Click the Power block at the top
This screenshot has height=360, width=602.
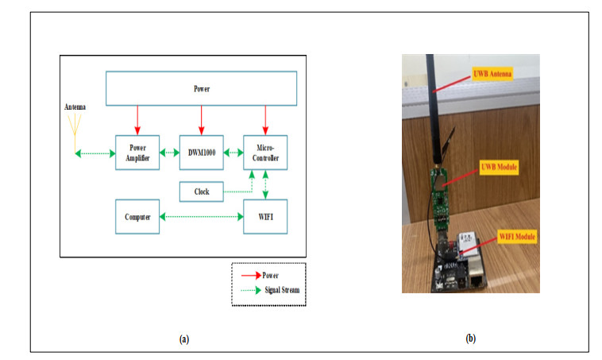point(202,89)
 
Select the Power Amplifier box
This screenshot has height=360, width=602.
point(138,152)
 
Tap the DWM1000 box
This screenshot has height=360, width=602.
point(202,152)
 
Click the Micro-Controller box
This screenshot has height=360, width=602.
point(265,152)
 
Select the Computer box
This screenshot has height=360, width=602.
point(137,216)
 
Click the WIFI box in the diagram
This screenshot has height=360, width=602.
point(265,216)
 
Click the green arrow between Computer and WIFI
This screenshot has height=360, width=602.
point(202,216)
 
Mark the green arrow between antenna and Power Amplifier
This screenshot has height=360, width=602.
point(95,152)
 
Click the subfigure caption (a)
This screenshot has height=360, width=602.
point(184,339)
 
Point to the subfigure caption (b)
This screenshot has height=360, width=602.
point(470,339)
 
